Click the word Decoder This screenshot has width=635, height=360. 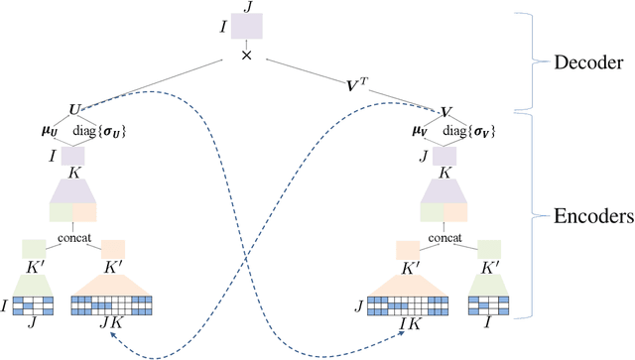point(589,61)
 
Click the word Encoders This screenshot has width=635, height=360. point(591,213)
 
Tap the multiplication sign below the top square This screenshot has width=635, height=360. point(245,58)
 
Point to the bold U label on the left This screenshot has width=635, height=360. point(73,108)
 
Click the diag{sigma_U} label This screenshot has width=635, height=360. point(102,131)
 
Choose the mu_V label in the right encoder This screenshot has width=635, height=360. point(419,131)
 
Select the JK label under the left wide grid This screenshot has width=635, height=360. point(110,320)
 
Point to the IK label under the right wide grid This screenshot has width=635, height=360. point(407,320)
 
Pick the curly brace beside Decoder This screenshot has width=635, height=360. point(541,61)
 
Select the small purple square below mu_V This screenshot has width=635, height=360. point(444,156)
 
